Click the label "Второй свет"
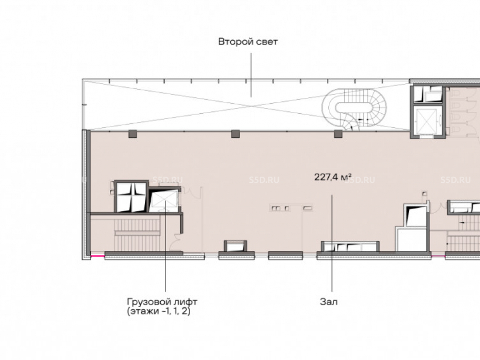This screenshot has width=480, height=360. point(248,42)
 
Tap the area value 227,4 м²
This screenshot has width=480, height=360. point(333,177)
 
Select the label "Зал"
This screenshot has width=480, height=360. point(329,302)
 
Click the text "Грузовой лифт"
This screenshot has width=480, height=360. point(162,302)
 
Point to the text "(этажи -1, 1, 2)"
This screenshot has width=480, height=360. point(158,312)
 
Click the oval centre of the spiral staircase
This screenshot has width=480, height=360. point(354,108)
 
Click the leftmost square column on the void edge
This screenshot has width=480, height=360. point(132,134)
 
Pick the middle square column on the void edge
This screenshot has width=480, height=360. point(235,134)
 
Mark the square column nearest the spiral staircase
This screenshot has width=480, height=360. point(338,134)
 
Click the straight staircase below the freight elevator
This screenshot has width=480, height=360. point(137,234)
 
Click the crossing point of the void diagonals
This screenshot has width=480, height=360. point(252,106)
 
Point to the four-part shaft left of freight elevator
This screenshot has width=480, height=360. point(132,197)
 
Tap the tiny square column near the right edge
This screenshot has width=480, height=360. point(425,194)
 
